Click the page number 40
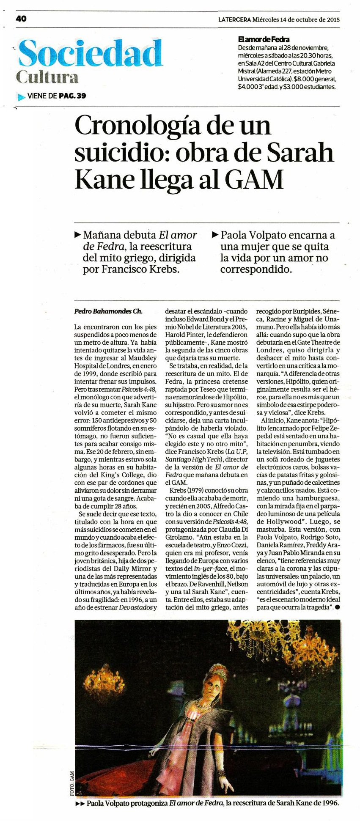coord(22,19)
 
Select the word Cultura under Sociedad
coord(47,77)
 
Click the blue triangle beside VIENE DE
coord(22,97)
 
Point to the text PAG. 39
coord(72,96)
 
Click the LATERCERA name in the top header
coord(234,19)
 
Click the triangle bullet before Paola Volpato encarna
coord(214,234)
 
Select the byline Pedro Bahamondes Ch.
coord(108,311)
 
